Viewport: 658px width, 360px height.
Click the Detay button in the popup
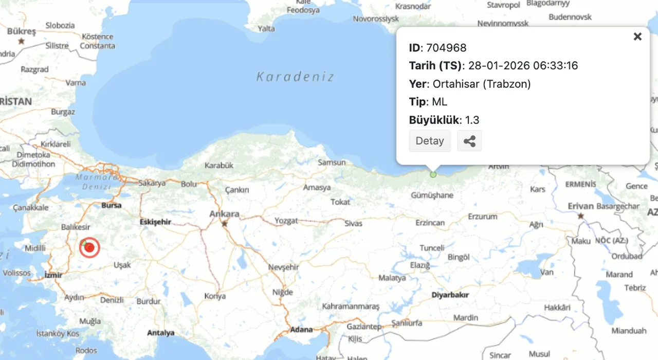(x=430, y=141)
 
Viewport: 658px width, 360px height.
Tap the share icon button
(x=469, y=141)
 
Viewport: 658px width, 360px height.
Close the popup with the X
(x=637, y=37)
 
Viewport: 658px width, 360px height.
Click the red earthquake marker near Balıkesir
(x=90, y=247)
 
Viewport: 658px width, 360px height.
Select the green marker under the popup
(x=433, y=174)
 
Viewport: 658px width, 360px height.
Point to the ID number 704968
(x=446, y=48)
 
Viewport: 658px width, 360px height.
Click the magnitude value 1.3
(x=472, y=120)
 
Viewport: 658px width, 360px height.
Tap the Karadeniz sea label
(x=295, y=77)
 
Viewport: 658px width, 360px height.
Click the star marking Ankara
(x=224, y=224)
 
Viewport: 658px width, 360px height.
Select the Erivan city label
(x=580, y=206)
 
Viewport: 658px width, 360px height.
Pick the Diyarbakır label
(x=450, y=295)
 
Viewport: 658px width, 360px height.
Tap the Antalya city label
(x=161, y=333)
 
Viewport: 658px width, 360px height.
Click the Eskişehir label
(x=155, y=222)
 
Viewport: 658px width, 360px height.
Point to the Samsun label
(x=332, y=163)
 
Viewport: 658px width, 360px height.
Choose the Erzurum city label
(x=482, y=217)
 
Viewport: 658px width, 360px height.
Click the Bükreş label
(x=22, y=32)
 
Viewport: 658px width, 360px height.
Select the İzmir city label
(x=53, y=275)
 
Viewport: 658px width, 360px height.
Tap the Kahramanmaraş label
(x=351, y=306)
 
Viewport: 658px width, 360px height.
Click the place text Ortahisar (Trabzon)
(x=482, y=84)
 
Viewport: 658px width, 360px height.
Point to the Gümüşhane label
(x=432, y=195)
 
